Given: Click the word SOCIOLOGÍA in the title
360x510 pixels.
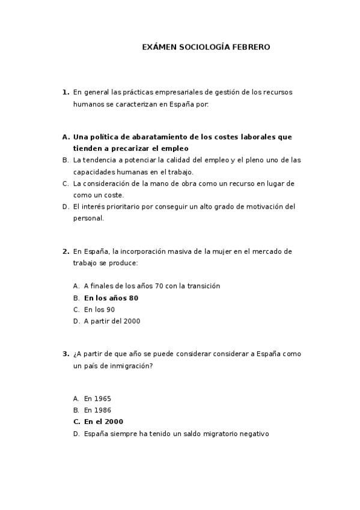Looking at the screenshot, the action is tap(201, 47).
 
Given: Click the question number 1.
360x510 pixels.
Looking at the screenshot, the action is tap(65, 92).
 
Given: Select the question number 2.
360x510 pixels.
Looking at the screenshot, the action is tap(65, 251).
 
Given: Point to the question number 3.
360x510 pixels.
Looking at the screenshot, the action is tap(65, 354).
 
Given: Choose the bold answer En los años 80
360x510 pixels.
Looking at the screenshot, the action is tap(111, 298).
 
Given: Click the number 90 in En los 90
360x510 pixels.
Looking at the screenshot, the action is tap(110, 309).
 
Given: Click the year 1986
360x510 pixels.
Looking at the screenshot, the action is tap(102, 410).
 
